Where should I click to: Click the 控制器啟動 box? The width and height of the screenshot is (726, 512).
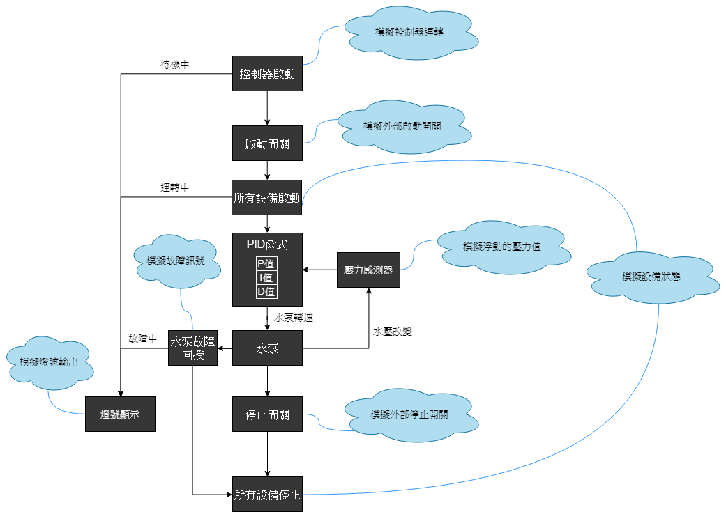tap(267, 74)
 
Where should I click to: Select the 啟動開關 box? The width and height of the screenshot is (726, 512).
tap(267, 144)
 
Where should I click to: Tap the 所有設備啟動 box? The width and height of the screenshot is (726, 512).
tap(267, 199)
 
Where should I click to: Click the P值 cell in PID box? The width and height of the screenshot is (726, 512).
tap(266, 263)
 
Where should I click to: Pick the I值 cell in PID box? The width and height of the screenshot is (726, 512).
tap(266, 277)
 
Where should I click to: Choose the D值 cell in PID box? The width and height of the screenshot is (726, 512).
tap(266, 291)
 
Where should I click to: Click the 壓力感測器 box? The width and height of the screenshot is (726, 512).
tap(368, 270)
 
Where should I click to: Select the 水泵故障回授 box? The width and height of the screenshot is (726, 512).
tap(192, 348)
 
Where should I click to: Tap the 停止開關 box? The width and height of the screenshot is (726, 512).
tap(267, 414)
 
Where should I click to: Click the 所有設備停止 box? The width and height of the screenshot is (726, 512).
tap(267, 495)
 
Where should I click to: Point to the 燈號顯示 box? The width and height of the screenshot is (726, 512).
tap(120, 414)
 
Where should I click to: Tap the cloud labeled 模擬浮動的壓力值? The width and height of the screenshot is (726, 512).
tap(502, 246)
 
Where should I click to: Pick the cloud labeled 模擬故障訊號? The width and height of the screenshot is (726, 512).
tap(176, 261)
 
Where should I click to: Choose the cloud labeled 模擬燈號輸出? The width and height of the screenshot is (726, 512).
tap(48, 362)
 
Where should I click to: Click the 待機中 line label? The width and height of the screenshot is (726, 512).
tap(174, 64)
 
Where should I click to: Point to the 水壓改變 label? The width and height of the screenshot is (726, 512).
tap(393, 332)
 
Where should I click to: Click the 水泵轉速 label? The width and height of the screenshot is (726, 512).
tap(293, 318)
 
